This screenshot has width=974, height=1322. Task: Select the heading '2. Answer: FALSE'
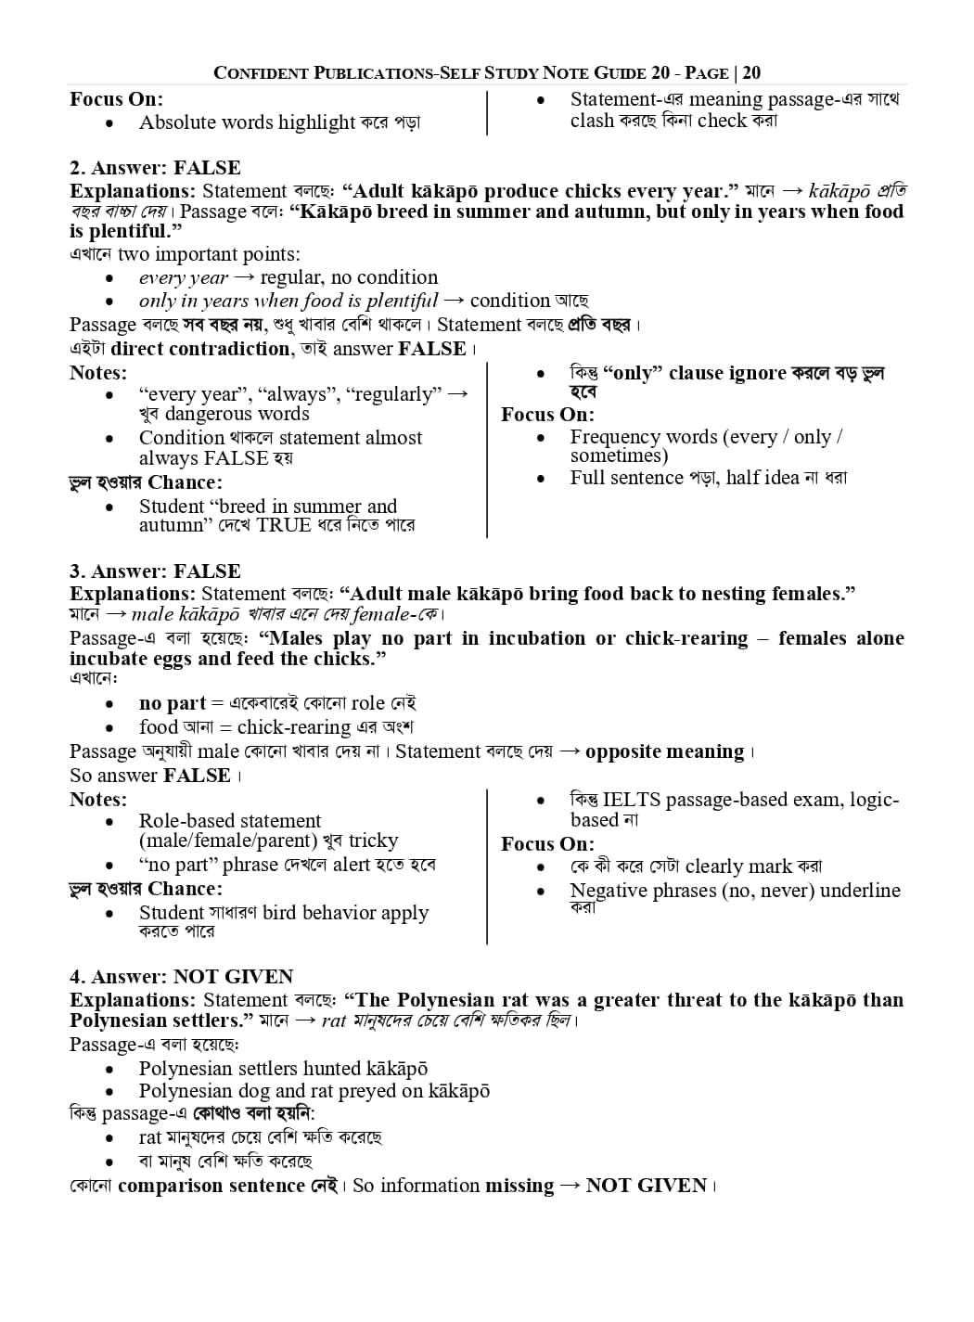pos(155,168)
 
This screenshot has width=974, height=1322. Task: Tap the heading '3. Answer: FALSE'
pos(155,571)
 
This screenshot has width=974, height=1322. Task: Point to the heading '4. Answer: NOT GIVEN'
pos(181,977)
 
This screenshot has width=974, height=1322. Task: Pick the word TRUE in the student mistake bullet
pos(284,525)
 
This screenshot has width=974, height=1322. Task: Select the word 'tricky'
pos(373,841)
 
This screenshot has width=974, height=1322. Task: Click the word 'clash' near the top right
pos(592,121)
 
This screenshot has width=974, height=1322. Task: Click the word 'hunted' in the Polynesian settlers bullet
pos(327,1069)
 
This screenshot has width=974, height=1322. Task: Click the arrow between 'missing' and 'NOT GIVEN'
pos(570,1186)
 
